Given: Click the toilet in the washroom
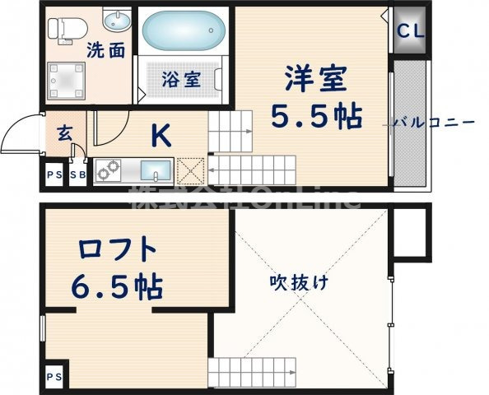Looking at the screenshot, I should point(62,28).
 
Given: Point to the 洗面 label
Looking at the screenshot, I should point(106,50).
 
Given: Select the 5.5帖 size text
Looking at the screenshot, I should point(318,116).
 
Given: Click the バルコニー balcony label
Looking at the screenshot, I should point(433,123).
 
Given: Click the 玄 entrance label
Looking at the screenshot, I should point(64,132).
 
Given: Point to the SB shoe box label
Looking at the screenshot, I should point(79,176).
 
